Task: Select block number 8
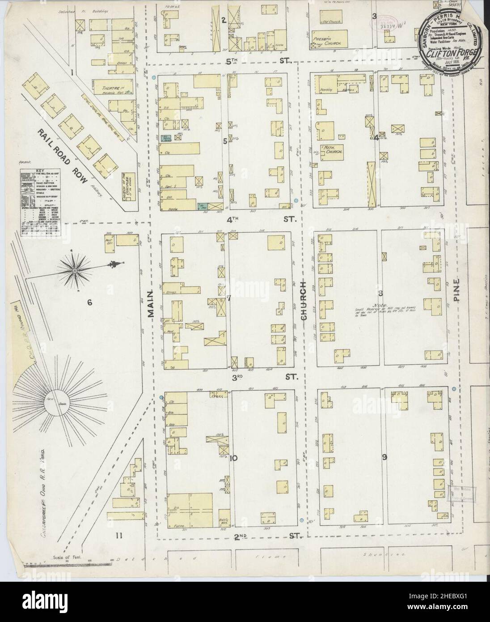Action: pos(380,294)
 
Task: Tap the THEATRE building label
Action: pos(104,83)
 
